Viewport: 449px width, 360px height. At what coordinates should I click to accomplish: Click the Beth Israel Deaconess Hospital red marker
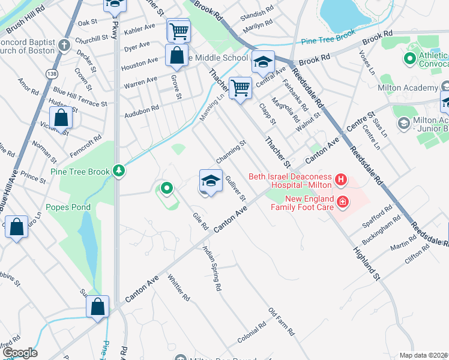pos(341,179)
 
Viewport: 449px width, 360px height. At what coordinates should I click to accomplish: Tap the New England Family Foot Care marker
pos(342,202)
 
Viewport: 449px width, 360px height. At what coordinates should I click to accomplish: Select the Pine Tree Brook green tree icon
pos(120,171)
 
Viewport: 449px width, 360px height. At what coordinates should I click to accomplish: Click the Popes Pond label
pos(70,208)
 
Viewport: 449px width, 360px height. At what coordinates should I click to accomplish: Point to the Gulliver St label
pos(235,188)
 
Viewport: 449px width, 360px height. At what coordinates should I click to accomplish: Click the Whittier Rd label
pos(179,288)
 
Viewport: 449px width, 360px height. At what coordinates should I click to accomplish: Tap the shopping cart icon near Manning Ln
pos(240,87)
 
